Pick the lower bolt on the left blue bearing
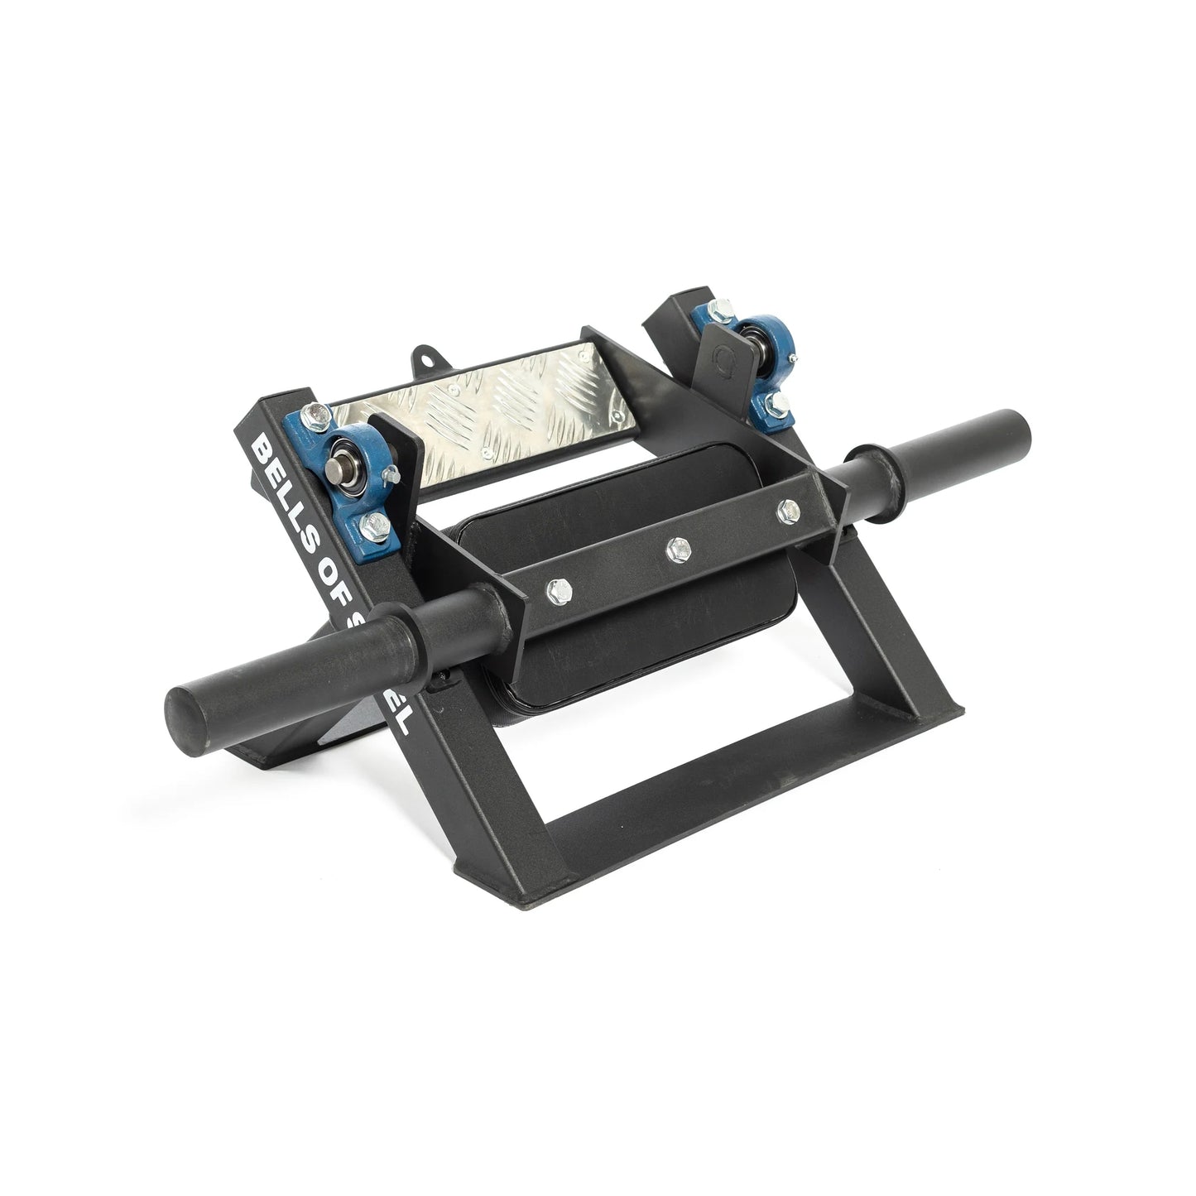click(375, 521)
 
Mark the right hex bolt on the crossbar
click(782, 509)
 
